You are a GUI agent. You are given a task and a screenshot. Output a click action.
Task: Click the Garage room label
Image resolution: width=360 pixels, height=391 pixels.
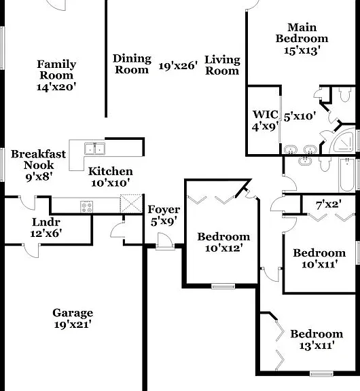[x=73, y=313]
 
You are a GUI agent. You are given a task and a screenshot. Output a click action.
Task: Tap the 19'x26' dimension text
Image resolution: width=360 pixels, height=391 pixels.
[x=178, y=66]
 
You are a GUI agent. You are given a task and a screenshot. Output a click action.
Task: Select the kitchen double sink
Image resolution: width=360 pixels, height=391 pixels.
[x=94, y=149]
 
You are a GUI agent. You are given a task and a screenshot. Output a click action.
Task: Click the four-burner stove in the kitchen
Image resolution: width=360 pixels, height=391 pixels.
[x=86, y=207]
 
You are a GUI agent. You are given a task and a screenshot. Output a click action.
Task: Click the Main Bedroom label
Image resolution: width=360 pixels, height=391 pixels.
[x=302, y=33]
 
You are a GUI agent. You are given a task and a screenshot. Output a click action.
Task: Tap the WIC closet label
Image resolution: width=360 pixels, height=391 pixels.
[x=265, y=115]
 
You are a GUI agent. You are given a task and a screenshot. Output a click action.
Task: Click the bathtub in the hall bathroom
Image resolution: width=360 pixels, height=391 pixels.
[x=347, y=174]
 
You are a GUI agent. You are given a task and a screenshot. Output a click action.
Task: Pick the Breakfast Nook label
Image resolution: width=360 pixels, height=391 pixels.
[x=39, y=160]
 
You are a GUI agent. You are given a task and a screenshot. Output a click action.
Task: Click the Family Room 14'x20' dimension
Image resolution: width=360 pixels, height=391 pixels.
[x=56, y=87]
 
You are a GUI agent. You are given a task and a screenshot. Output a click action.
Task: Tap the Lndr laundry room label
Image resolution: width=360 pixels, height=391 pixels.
[x=46, y=222]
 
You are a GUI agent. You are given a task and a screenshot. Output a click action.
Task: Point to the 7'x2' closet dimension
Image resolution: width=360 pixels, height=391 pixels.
[x=328, y=205]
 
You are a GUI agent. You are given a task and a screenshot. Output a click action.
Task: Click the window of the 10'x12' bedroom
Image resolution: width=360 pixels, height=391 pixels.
[x=223, y=286]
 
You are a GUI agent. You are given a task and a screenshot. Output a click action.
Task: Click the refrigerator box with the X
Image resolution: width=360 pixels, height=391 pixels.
[x=131, y=204]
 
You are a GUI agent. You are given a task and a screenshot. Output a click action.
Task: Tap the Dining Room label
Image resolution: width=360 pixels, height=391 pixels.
[x=132, y=64]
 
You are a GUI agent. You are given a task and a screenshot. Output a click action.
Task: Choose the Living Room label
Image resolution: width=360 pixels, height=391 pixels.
[x=222, y=65]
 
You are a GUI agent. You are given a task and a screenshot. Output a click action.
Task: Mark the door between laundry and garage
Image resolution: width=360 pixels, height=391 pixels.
[x=31, y=250]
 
